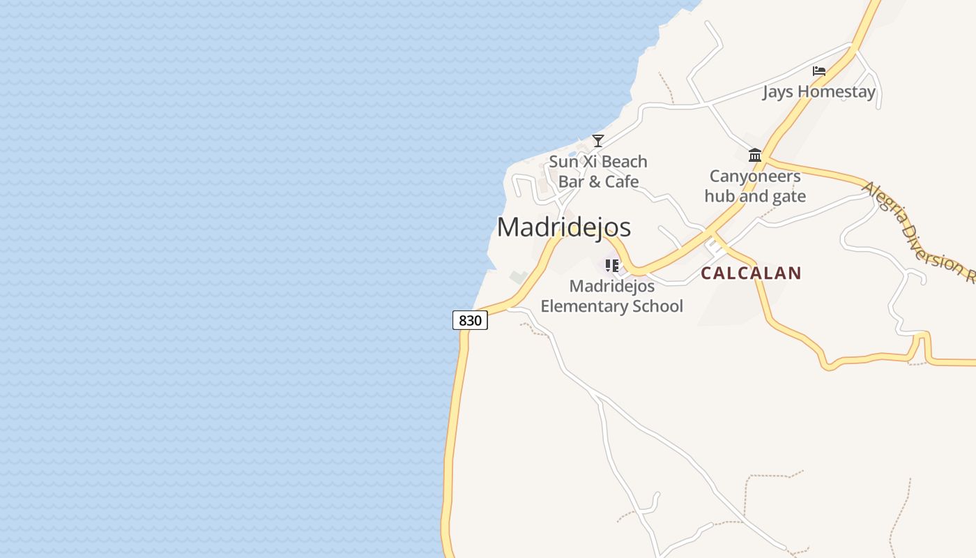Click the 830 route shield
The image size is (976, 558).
pyautogui.click(x=470, y=320)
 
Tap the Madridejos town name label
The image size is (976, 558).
pyautogui.click(x=564, y=227)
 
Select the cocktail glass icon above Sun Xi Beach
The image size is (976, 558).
pyautogui.click(x=597, y=140)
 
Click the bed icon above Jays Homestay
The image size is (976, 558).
pyautogui.click(x=819, y=71)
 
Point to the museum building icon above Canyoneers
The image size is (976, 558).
pyautogui.click(x=755, y=155)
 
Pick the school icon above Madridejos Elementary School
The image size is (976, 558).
pyautogui.click(x=612, y=265)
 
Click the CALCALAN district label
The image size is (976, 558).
pyautogui.click(x=751, y=273)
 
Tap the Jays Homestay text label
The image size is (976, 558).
pyautogui.click(x=818, y=91)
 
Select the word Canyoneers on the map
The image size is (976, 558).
pyautogui.click(x=755, y=176)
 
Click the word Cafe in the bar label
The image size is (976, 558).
pyautogui.click(x=622, y=181)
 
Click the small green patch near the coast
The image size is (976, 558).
pyautogui.click(x=519, y=277)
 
